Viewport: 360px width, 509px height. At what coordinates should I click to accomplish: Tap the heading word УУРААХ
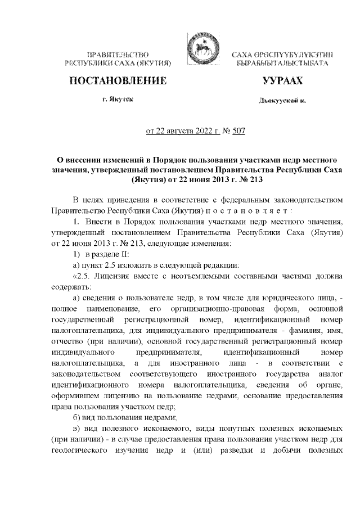click(x=282, y=81)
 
